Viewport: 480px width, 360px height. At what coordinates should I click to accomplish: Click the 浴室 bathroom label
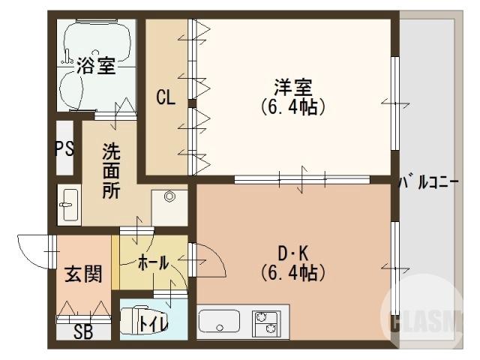click(95, 66)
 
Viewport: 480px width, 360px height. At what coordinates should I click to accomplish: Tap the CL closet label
click(166, 97)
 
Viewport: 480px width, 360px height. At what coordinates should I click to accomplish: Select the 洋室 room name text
click(292, 87)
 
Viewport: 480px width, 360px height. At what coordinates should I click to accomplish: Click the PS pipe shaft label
click(64, 147)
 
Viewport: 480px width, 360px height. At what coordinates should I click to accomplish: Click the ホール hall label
click(152, 262)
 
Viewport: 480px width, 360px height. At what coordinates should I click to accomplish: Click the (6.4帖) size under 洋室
click(292, 106)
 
